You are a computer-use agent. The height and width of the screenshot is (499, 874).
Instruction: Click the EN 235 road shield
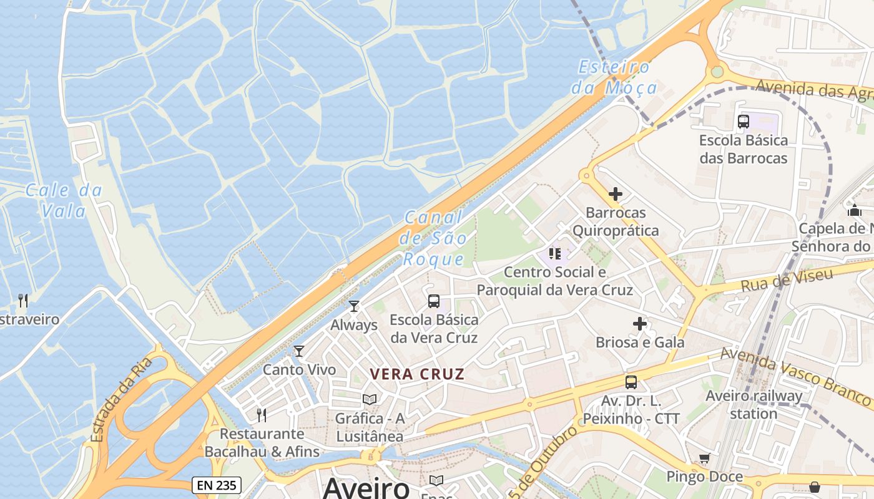click(216, 485)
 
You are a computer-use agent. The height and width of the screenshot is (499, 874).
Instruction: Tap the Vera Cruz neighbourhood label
click(417, 374)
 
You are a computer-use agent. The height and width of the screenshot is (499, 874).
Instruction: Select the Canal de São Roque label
click(435, 238)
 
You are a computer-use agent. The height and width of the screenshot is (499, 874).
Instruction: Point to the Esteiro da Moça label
click(615, 77)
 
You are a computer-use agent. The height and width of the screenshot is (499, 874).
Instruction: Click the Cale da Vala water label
click(63, 200)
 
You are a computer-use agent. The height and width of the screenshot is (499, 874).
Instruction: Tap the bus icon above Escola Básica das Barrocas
click(743, 122)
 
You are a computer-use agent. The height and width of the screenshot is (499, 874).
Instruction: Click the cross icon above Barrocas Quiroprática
click(616, 194)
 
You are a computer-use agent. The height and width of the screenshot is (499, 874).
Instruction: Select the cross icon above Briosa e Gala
click(640, 324)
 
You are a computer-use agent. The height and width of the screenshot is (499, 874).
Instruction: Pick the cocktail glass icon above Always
click(354, 306)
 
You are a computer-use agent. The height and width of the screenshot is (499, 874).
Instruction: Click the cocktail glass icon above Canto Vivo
click(299, 351)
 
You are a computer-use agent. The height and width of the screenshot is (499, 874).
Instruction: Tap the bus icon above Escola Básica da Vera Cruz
click(434, 301)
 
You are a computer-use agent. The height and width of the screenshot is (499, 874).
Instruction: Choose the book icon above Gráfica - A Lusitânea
click(370, 399)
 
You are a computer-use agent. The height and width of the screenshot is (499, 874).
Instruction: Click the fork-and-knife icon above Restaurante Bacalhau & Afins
click(262, 415)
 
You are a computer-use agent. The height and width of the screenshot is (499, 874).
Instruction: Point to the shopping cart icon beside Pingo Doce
click(705, 459)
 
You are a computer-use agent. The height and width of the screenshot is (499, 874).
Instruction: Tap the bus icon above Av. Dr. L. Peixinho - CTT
click(631, 382)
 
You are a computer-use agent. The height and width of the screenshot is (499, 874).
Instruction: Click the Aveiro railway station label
click(754, 404)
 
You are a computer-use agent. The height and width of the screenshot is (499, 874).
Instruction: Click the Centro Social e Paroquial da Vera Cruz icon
click(555, 254)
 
